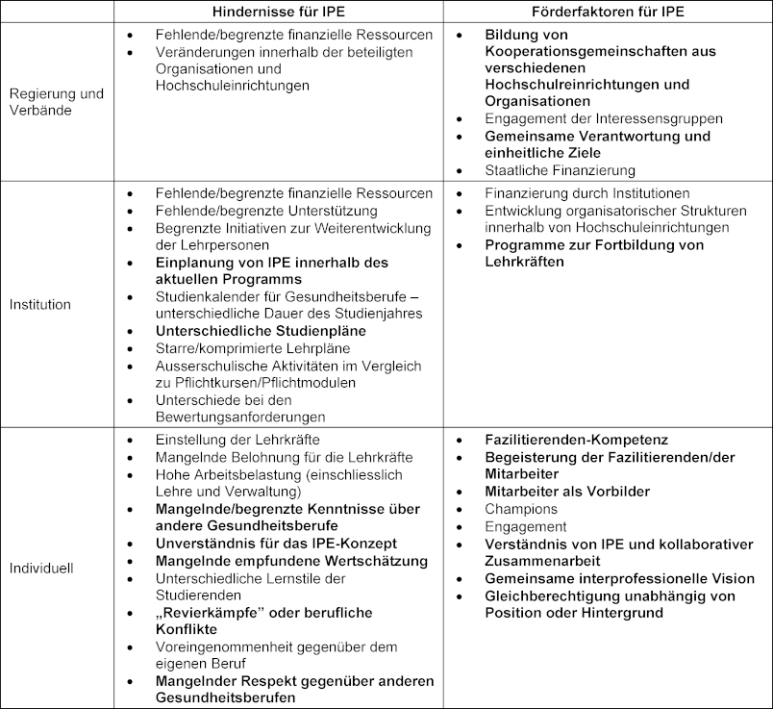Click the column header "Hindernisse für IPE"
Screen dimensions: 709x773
pos(278,11)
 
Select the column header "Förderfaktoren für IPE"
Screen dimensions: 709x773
pos(607,11)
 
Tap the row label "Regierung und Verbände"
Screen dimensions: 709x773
pos(57,102)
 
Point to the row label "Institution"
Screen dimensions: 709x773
pos(40,304)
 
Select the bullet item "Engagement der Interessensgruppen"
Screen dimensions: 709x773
pos(604,118)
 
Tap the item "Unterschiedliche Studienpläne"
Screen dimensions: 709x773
pos(261,330)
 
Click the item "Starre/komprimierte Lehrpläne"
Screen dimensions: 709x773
pos(253,348)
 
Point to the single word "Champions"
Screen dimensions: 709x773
pos(521,509)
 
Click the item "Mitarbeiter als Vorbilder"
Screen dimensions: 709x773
pos(567,492)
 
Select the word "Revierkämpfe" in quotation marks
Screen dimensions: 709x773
pos(211,612)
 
